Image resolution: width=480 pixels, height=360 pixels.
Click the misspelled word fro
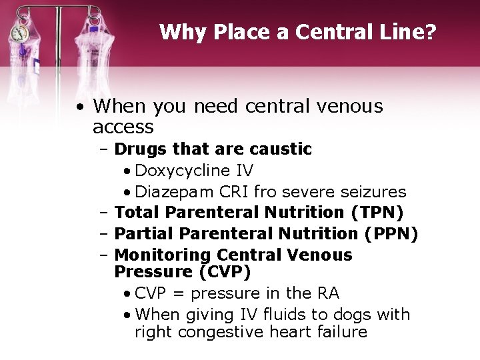coord(265,192)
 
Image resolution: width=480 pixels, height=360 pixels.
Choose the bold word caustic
coord(279,149)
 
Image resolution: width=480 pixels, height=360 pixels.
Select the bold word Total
coord(137,213)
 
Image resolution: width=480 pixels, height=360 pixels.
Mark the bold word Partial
coord(144,234)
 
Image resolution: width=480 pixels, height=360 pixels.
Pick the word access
coord(123,127)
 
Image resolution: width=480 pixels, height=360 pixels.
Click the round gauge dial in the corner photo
coord(20,34)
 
